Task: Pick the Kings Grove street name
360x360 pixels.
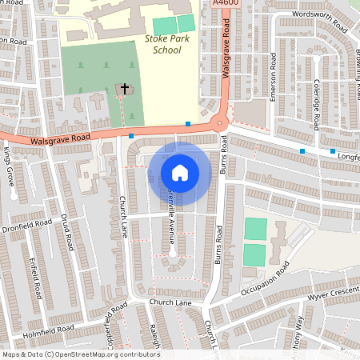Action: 10,165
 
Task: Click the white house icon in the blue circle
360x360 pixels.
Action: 179,172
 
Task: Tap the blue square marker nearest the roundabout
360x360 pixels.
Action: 188,123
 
